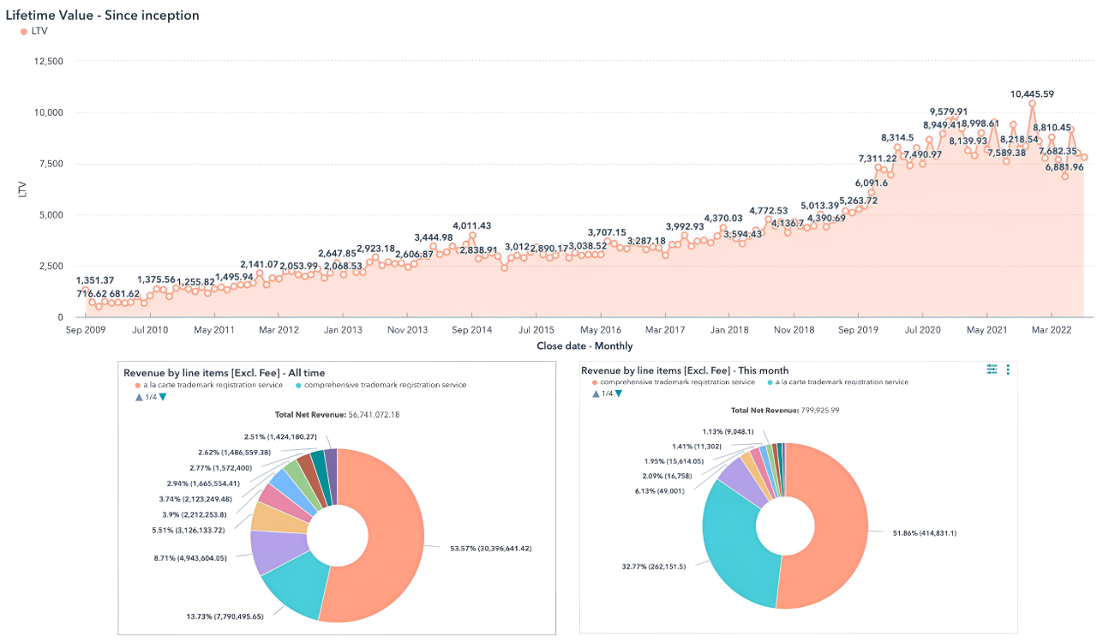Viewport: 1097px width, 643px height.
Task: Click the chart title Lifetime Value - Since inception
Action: point(103,15)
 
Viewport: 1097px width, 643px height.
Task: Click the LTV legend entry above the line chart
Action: point(39,31)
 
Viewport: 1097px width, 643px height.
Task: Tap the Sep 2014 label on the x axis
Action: point(471,329)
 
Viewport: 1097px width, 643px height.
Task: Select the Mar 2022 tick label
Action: point(1052,329)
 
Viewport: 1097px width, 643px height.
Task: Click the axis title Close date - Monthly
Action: point(584,346)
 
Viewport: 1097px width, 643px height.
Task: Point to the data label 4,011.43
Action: point(472,225)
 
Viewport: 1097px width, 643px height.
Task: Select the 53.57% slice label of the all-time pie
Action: point(491,548)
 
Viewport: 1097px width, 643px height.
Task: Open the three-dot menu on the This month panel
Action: point(1008,370)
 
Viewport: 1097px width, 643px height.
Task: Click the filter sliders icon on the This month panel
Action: point(992,370)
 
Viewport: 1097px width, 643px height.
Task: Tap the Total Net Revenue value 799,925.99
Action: point(815,411)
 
